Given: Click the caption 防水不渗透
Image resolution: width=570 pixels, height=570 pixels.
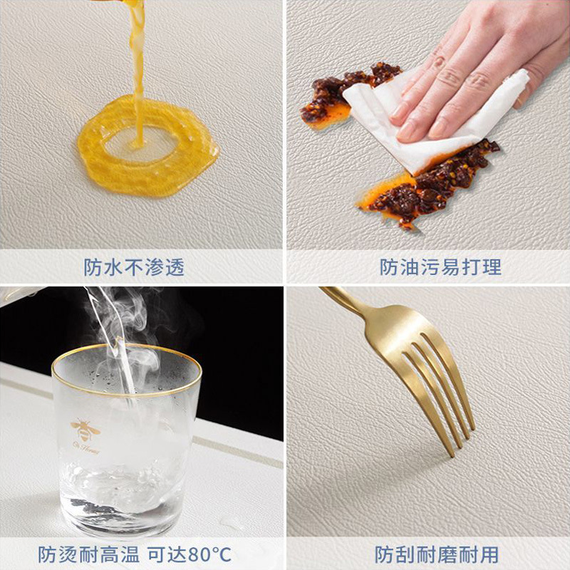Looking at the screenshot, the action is [x=134, y=268].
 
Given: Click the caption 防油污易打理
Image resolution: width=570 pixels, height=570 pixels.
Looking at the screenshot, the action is [x=440, y=268].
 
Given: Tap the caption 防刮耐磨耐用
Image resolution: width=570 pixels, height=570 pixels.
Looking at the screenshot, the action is [x=437, y=555].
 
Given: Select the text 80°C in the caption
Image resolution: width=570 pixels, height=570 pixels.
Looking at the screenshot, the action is [x=209, y=555].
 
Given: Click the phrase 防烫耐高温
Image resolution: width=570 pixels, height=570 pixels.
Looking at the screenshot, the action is [x=88, y=555].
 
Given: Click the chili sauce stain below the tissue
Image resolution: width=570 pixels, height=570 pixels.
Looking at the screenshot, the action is [x=429, y=185].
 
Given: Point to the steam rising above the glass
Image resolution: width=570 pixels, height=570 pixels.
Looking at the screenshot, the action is [x=120, y=320].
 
